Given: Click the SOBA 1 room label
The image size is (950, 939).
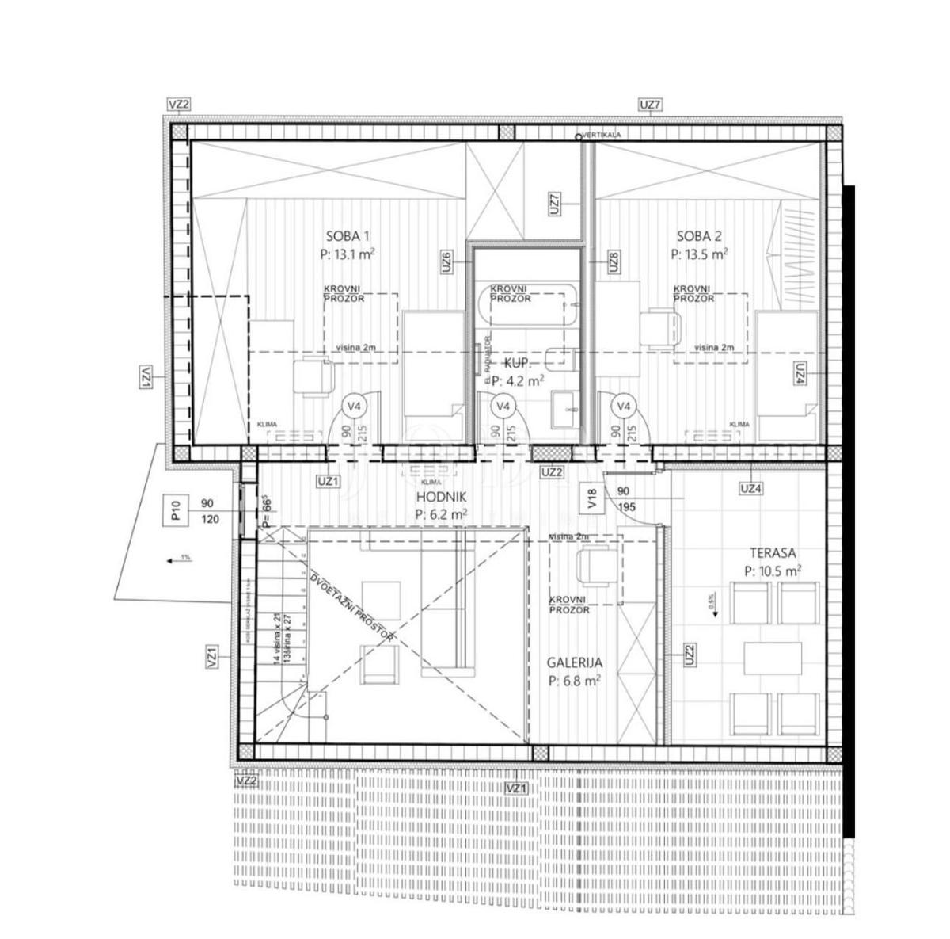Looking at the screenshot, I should point(348,235).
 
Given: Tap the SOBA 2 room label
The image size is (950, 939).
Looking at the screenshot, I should point(699,235).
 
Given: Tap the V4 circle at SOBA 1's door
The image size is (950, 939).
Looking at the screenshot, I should point(356,407).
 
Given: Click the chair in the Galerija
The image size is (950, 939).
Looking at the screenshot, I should point(594,565).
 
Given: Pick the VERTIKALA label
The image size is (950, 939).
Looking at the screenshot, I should point(603,136).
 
